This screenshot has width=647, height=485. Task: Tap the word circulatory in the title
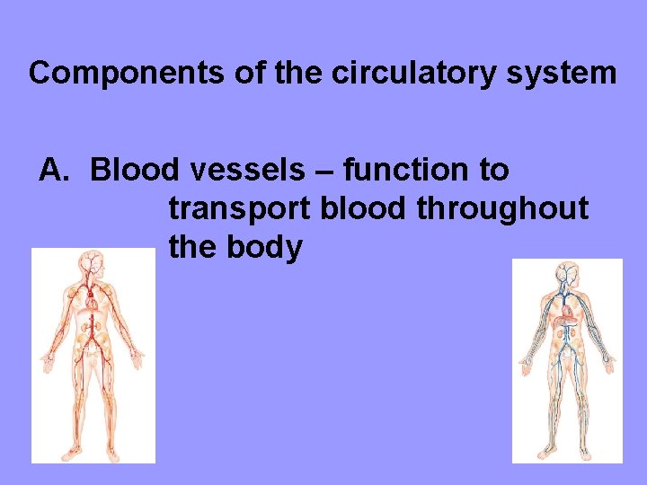click(414, 73)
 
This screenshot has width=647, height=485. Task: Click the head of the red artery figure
click(92, 262)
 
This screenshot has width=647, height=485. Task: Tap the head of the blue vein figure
click(567, 272)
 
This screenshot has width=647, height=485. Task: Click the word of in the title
click(255, 73)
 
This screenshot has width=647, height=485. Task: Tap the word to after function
click(492, 170)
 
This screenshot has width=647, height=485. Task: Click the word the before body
click(192, 247)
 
